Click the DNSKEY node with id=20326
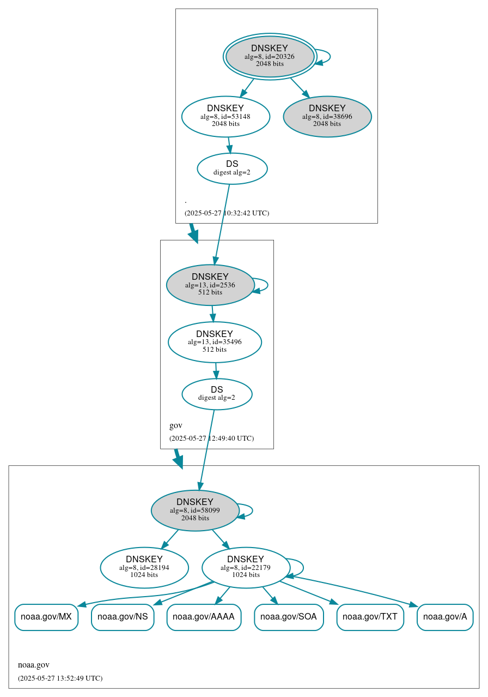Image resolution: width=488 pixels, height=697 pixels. click(x=270, y=56)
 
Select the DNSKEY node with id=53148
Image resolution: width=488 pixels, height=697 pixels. click(x=225, y=116)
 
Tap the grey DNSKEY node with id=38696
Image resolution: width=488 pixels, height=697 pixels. click(x=327, y=116)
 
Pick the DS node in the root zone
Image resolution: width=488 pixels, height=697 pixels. click(x=232, y=168)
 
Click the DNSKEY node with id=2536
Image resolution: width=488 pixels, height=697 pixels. click(x=210, y=285)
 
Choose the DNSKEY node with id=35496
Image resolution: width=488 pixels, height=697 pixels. click(x=215, y=342)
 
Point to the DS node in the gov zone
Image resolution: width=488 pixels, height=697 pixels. click(x=217, y=394)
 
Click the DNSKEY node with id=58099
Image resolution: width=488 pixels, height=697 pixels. click(x=195, y=510)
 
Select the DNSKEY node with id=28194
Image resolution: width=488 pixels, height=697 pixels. click(x=144, y=567)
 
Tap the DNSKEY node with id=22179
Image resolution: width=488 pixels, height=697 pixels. click(x=246, y=567)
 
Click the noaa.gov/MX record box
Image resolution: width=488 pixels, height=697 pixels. click(x=46, y=617)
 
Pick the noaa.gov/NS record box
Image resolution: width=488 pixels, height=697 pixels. click(x=123, y=617)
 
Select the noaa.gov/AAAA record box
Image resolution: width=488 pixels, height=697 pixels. click(x=204, y=617)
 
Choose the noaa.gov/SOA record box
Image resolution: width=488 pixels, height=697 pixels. click(x=289, y=617)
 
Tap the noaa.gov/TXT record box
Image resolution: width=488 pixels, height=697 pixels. click(x=370, y=617)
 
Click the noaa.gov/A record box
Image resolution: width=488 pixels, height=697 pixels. click(x=445, y=617)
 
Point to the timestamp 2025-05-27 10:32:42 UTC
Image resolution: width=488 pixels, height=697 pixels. click(x=227, y=213)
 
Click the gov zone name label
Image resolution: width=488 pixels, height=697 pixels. click(x=176, y=425)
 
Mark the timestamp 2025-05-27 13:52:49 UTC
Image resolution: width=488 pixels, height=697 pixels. click(x=60, y=678)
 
